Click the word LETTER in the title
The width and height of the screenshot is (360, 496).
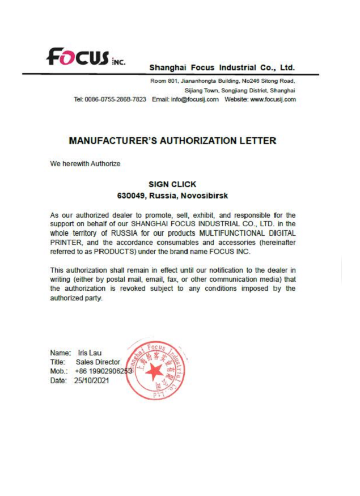[x=257, y=141]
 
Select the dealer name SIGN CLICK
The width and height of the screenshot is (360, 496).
[x=172, y=184]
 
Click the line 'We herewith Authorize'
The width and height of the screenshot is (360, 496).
[x=85, y=164]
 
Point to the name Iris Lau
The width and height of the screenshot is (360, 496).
[x=90, y=352]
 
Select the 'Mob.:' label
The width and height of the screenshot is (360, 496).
[x=60, y=371]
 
